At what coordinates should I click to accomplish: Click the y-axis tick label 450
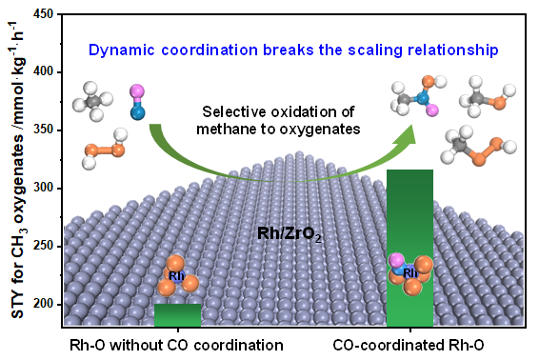coord(43,14)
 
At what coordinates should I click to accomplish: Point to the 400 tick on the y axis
coord(43,71)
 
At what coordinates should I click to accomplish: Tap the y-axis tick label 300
coord(43,188)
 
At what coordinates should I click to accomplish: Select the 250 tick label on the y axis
coord(43,246)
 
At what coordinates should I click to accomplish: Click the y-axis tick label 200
coord(43,304)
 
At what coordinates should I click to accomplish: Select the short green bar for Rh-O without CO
coord(177,315)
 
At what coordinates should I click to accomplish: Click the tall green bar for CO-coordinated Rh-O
coord(409,248)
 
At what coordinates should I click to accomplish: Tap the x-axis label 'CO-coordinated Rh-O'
coord(408,345)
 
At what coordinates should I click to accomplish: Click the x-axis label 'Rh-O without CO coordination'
coord(176,345)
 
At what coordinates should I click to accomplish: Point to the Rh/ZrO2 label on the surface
coord(289,234)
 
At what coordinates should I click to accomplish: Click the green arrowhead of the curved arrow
coord(405,135)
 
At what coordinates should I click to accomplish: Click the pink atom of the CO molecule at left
coord(137,91)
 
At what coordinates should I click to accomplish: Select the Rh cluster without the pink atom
coord(177,276)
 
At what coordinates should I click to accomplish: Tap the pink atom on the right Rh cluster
coord(396,261)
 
